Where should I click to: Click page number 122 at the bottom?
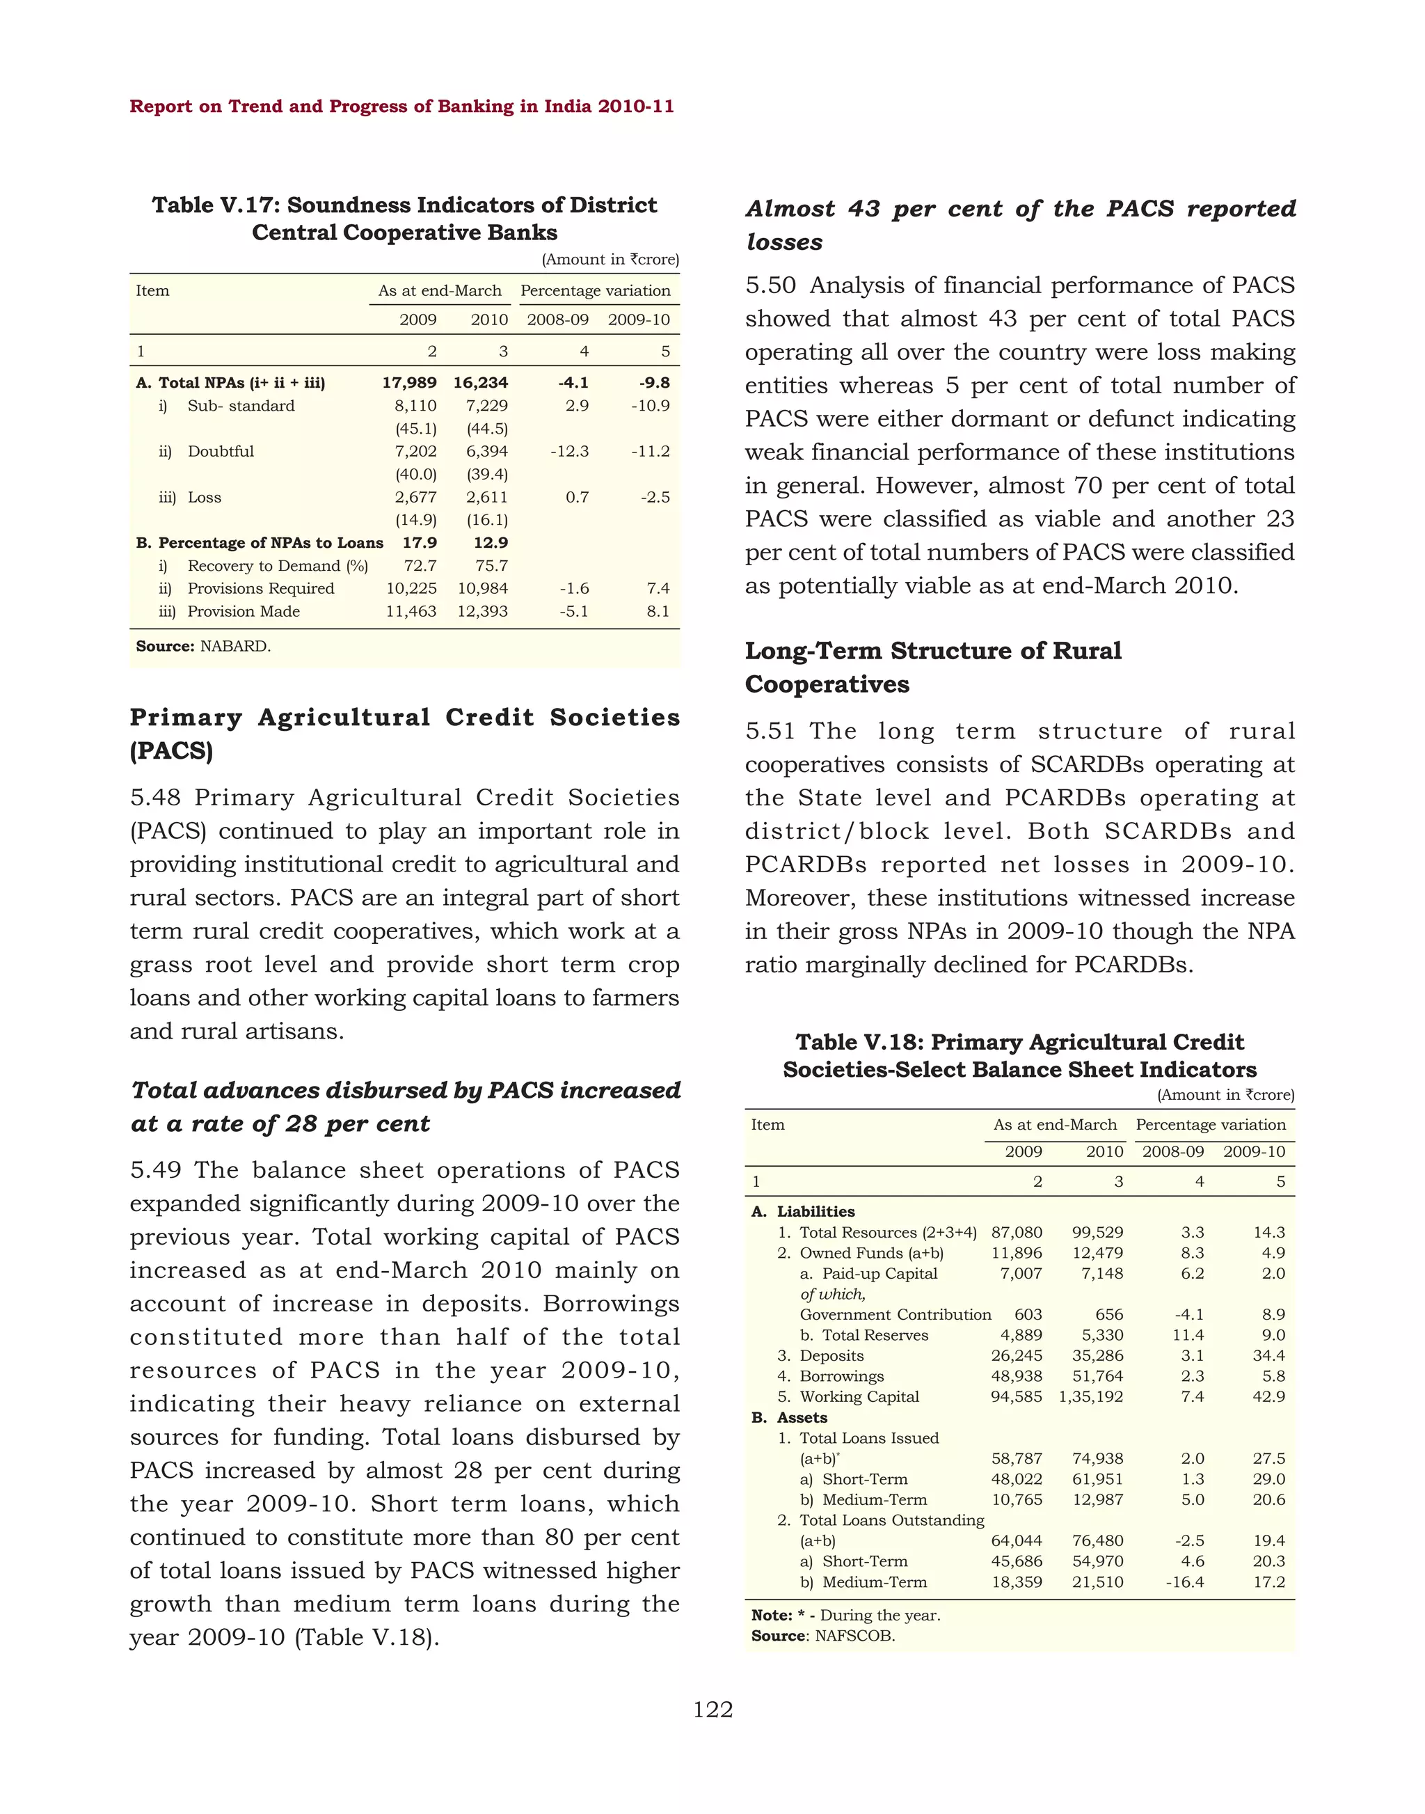click(712, 1710)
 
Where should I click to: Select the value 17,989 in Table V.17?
click(409, 382)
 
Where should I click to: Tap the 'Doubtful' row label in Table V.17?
click(221, 451)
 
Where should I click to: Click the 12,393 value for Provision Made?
click(482, 611)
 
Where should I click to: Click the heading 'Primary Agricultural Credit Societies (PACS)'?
click(405, 733)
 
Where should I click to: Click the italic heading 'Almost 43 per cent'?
click(1019, 225)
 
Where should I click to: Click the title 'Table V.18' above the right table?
click(1019, 1055)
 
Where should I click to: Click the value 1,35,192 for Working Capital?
click(1090, 1396)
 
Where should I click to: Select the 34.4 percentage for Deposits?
click(1268, 1356)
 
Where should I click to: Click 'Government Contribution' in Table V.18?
click(895, 1315)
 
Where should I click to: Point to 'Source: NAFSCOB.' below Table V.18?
click(822, 1635)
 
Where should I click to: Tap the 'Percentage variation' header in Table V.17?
click(595, 290)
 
